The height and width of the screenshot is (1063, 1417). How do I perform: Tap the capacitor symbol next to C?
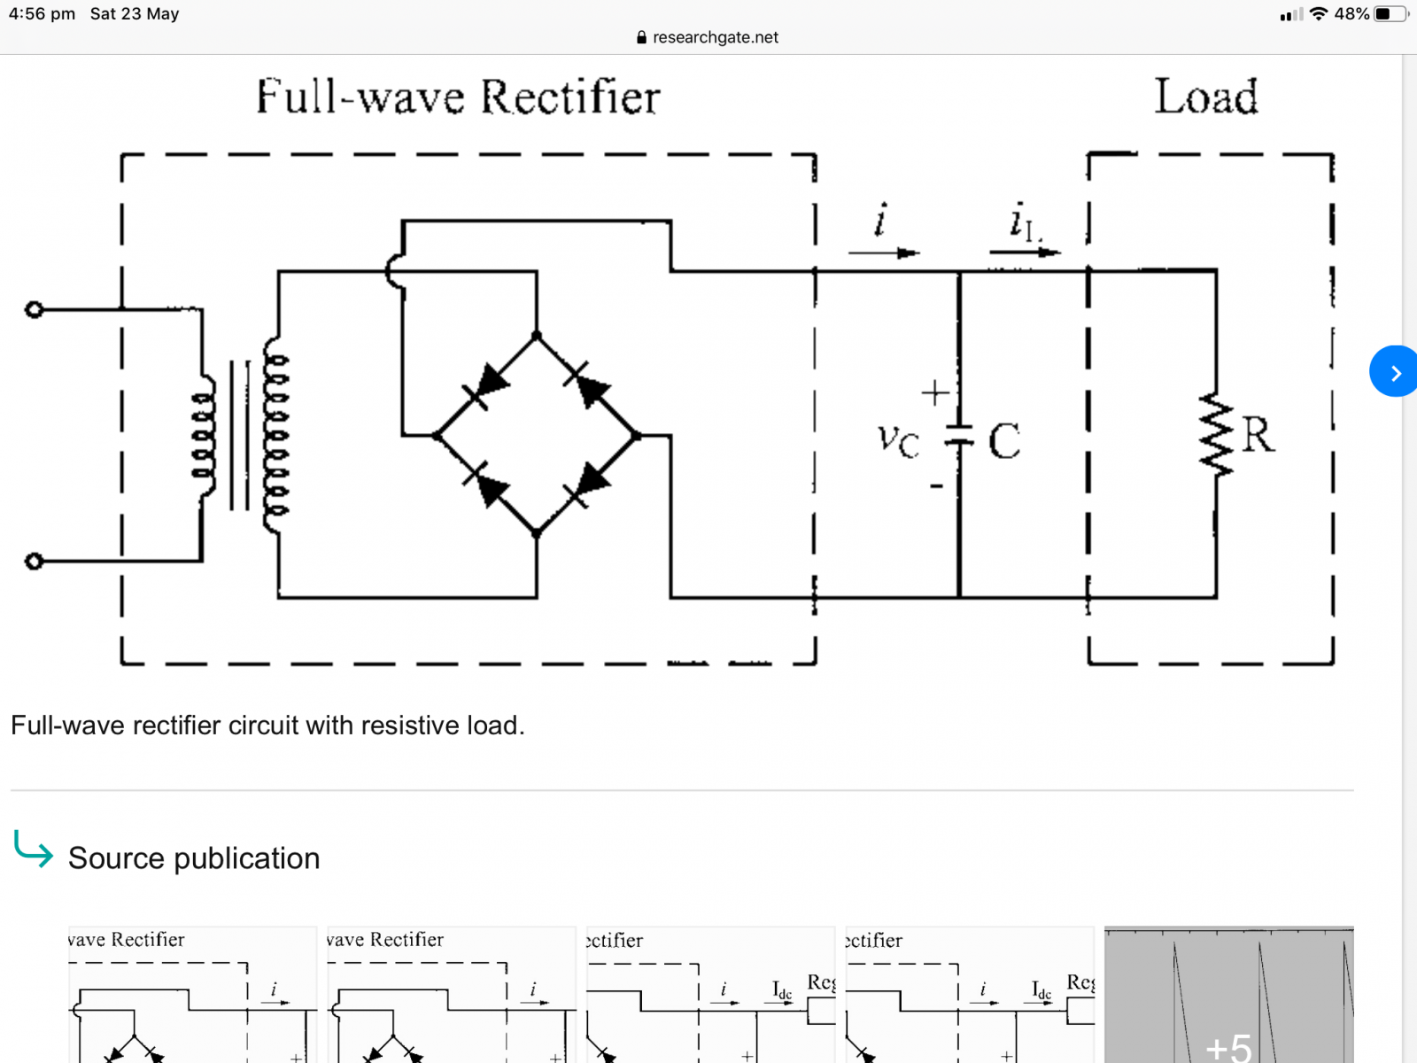pyautogui.click(x=958, y=435)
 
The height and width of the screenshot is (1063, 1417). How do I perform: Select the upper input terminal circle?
pyautogui.click(x=34, y=309)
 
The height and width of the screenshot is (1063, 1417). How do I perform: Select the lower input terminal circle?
pyautogui.click(x=34, y=561)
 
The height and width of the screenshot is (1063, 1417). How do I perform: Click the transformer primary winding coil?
pyautogui.click(x=205, y=435)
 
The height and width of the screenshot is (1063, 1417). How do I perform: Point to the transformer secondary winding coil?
pyautogui.click(x=275, y=435)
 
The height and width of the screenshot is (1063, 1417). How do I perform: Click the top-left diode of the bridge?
pyautogui.click(x=487, y=384)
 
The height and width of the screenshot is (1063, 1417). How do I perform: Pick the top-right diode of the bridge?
pyautogui.click(x=587, y=384)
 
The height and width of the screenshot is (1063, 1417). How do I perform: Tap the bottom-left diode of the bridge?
pyautogui.click(x=486, y=485)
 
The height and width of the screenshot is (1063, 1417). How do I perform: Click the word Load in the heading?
pyautogui.click(x=1205, y=97)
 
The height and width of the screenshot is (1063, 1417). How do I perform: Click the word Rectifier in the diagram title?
pyautogui.click(x=570, y=97)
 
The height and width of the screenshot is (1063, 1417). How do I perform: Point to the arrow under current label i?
pyautogui.click(x=883, y=253)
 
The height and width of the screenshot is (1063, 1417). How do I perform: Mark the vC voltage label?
pyautogui.click(x=898, y=439)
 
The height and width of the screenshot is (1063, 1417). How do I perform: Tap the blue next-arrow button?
pyautogui.click(x=1394, y=371)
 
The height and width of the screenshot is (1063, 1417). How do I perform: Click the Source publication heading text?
pyautogui.click(x=193, y=857)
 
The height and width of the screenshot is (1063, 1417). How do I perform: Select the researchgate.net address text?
pyautogui.click(x=715, y=37)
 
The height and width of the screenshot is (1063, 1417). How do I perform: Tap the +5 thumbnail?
pyautogui.click(x=1228, y=995)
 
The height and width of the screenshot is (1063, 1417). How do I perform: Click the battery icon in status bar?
pyautogui.click(x=1388, y=14)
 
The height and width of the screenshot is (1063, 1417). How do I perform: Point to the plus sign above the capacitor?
pyautogui.click(x=935, y=392)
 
